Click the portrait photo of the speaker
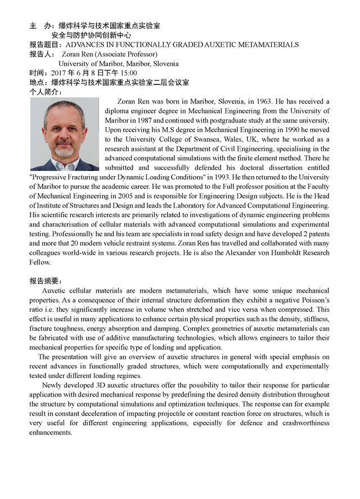pos(64,134)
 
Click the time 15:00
pos(128,73)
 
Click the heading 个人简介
pos(46,92)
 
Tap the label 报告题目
pos(46,44)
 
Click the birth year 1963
pos(263,102)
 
